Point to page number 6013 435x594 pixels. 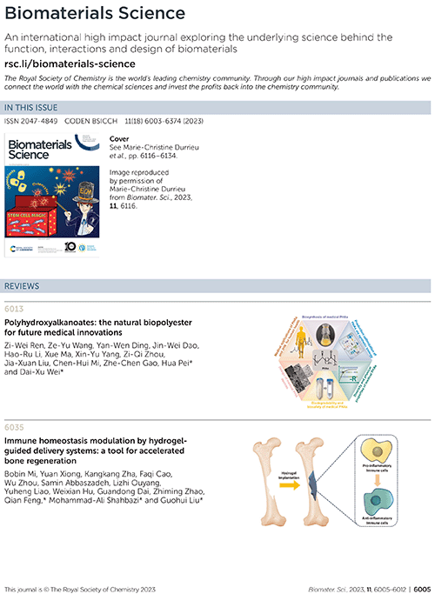(15, 309)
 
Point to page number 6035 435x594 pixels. (15, 427)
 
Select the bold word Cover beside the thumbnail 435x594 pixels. (119, 137)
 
